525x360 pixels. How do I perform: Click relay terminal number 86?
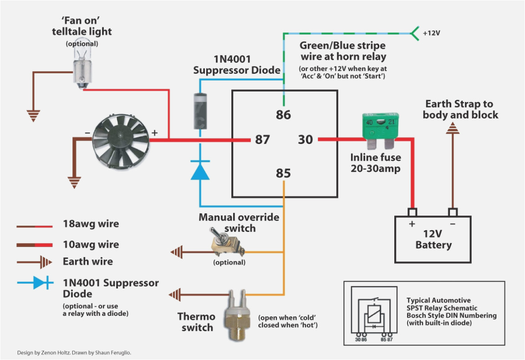point(283,114)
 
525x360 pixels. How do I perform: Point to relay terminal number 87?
point(262,139)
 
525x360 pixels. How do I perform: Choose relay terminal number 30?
point(306,139)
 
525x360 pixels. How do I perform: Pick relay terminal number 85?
point(283,173)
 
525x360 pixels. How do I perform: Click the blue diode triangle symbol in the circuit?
point(200,171)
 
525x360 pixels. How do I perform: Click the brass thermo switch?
point(237,314)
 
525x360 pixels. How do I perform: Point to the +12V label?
point(431,33)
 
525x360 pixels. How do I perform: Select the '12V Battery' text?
point(433,240)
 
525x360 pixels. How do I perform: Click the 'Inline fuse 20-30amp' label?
point(376,163)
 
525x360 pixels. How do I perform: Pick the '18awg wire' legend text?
point(91,224)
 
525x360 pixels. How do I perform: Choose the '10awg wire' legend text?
point(91,244)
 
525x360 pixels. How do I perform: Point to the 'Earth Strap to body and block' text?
point(460,109)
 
